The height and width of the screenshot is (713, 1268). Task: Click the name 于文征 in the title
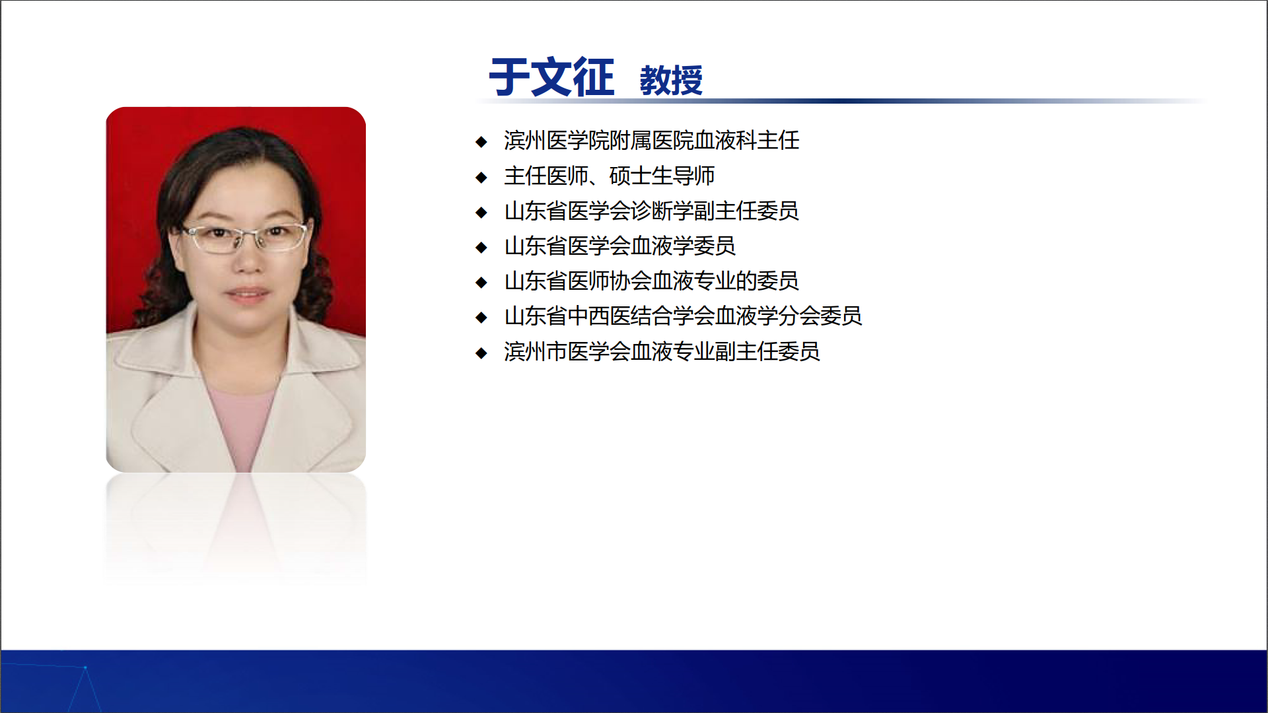point(551,77)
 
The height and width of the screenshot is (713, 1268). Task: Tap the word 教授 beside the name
point(671,81)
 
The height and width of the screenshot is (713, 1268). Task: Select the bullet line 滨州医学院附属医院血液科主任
point(651,141)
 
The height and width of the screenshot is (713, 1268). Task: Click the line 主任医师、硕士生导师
point(609,176)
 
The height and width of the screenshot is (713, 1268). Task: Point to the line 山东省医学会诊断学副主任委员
point(651,211)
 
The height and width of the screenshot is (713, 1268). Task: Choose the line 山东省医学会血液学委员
point(619,246)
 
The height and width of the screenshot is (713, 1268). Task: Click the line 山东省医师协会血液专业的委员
point(651,281)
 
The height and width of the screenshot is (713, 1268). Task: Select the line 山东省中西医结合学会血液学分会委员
point(683,316)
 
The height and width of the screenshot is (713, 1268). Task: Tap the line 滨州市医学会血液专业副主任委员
point(662,351)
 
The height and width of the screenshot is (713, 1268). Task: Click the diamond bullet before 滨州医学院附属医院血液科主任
point(481,142)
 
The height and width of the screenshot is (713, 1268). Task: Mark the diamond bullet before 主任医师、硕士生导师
point(481,177)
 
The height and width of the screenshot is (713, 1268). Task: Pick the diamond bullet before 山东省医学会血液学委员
point(481,248)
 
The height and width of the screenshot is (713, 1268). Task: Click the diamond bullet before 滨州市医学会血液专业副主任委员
point(481,353)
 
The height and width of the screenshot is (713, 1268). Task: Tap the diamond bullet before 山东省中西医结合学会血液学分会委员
point(481,318)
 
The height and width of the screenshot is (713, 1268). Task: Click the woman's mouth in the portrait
point(248,292)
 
